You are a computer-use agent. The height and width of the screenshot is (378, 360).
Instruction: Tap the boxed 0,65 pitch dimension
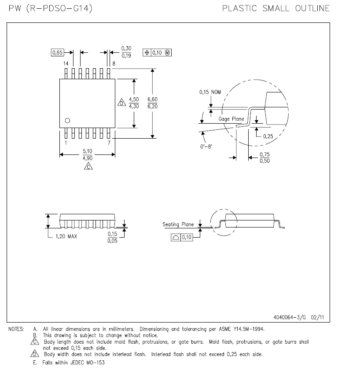click(58, 52)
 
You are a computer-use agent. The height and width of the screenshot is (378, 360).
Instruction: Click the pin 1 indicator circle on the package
click(67, 120)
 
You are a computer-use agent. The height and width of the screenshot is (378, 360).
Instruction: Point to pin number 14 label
click(66, 64)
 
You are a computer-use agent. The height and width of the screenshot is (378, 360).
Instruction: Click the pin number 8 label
click(114, 64)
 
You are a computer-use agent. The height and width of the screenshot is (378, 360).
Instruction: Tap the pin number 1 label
click(66, 143)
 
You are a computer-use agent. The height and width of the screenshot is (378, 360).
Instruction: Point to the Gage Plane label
click(231, 119)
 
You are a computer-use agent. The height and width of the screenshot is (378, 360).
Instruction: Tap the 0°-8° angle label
click(206, 147)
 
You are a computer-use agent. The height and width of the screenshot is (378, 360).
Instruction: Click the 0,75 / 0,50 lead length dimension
click(264, 158)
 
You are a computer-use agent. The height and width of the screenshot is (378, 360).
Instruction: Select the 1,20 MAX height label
click(66, 236)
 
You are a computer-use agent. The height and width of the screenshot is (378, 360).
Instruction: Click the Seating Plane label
click(178, 224)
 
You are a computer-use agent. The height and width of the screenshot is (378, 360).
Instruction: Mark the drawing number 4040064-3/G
click(290, 317)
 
